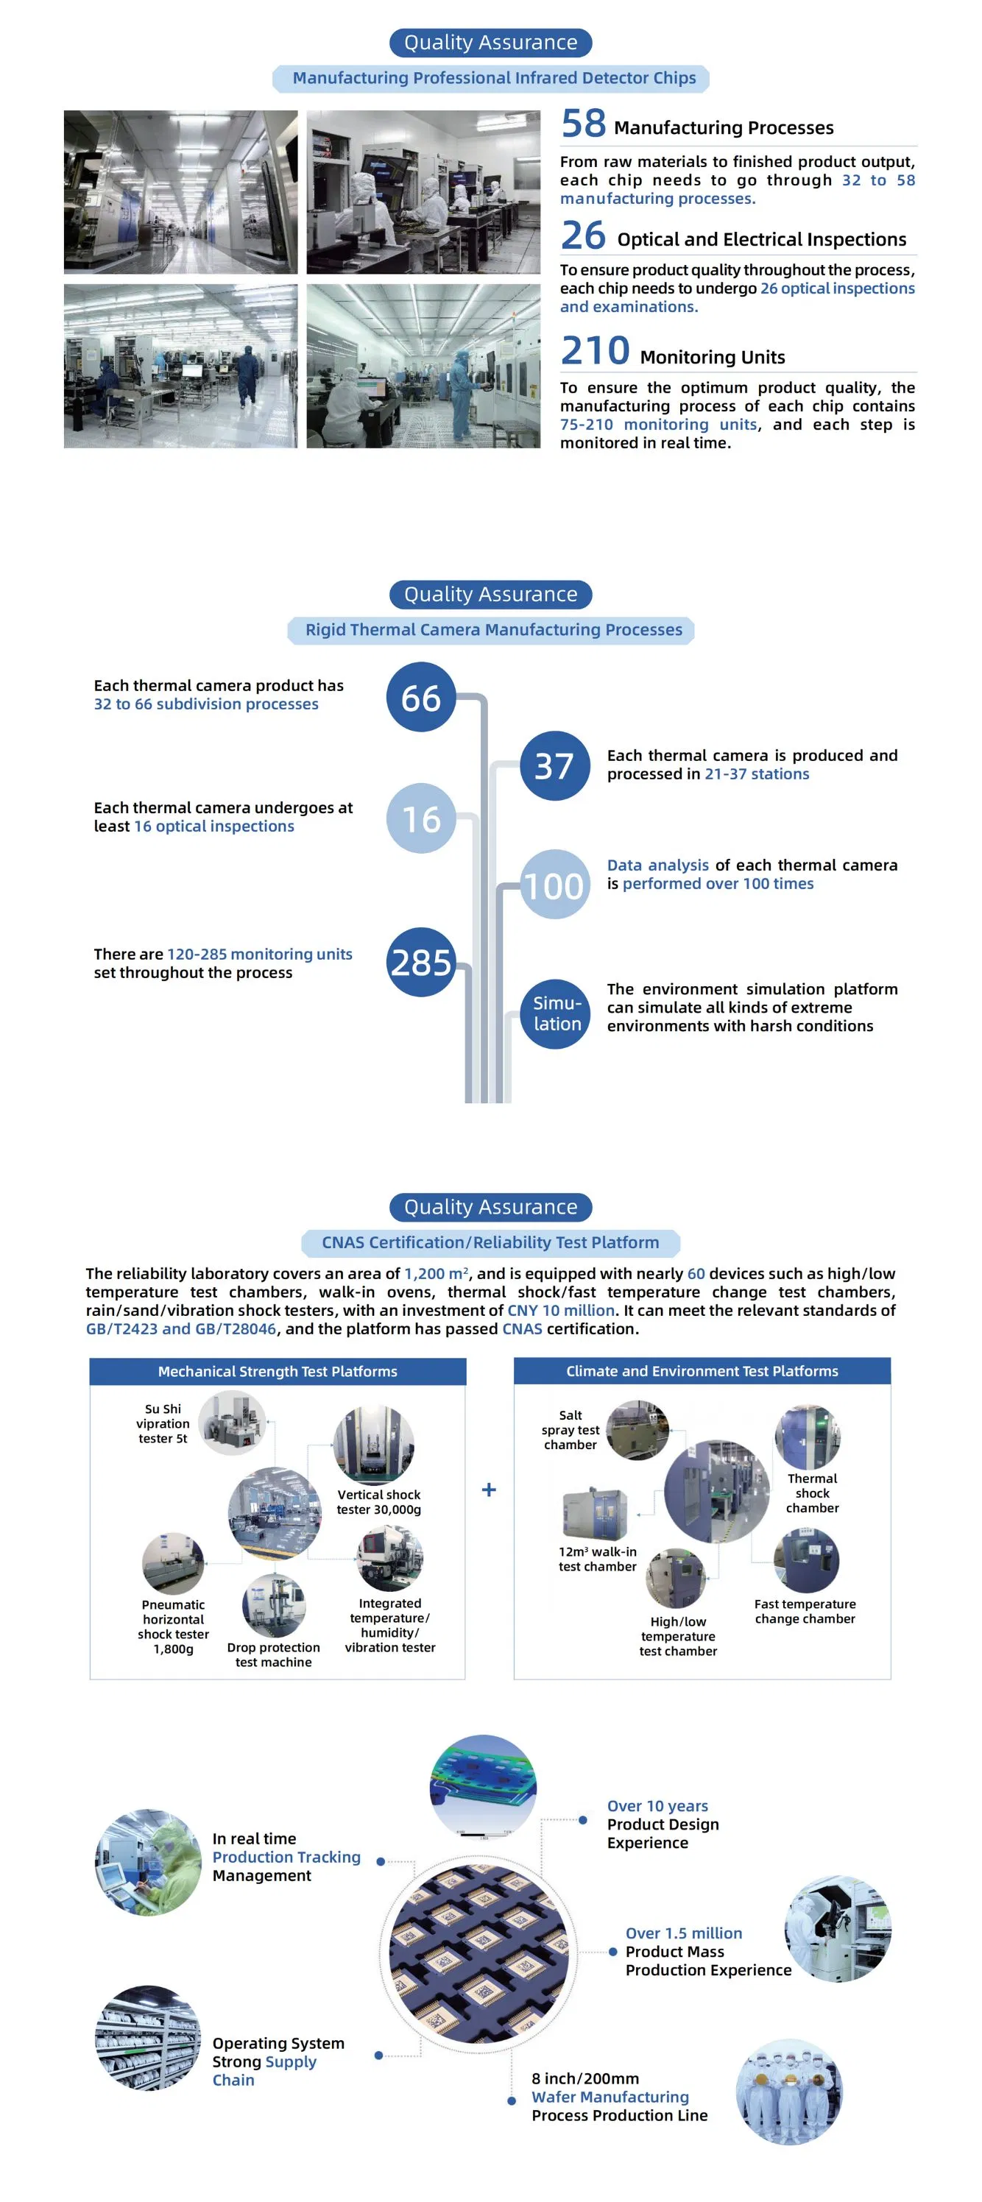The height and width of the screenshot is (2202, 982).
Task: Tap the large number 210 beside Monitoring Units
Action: pyautogui.click(x=595, y=351)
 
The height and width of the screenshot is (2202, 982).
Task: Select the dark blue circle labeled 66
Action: pyautogui.click(x=420, y=698)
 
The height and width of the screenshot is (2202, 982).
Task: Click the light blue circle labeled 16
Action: pyautogui.click(x=420, y=819)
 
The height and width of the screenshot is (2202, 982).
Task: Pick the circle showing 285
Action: pyautogui.click(x=420, y=963)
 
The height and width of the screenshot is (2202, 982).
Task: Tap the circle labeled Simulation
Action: pyautogui.click(x=556, y=1014)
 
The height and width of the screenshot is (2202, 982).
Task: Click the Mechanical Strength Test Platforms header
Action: pyautogui.click(x=277, y=1371)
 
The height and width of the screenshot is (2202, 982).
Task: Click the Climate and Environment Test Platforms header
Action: pyautogui.click(x=702, y=1371)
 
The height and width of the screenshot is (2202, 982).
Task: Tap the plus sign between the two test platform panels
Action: pyautogui.click(x=489, y=1490)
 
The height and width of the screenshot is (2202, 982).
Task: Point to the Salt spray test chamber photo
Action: pyautogui.click(x=637, y=1429)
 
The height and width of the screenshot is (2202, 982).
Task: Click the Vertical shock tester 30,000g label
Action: pyautogui.click(x=378, y=1502)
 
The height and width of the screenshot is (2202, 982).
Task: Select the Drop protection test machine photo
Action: pyautogui.click(x=274, y=1604)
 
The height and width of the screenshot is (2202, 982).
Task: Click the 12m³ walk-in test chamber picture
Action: pyautogui.click(x=595, y=1512)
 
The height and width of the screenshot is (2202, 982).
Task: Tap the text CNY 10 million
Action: pyautogui.click(x=561, y=1311)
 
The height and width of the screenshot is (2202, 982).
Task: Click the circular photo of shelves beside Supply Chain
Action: pyautogui.click(x=148, y=2038)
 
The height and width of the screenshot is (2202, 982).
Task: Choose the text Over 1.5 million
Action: pyautogui.click(x=683, y=1933)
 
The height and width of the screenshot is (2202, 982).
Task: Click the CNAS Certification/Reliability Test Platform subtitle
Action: pyautogui.click(x=490, y=1243)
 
